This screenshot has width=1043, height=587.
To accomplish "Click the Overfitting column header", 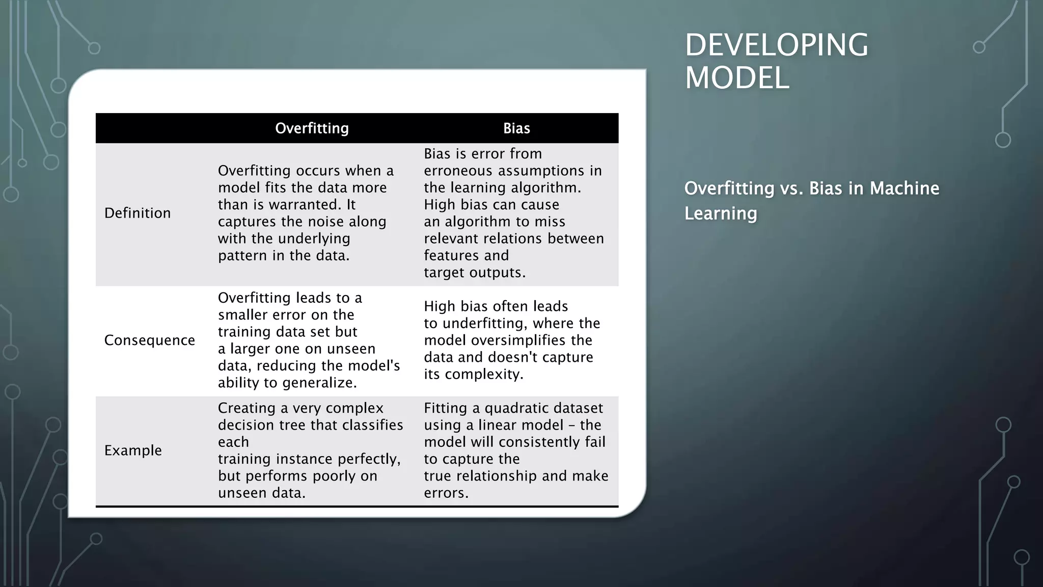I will tap(312, 128).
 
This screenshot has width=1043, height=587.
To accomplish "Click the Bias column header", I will tap(516, 128).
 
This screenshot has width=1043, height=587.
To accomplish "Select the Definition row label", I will tap(138, 213).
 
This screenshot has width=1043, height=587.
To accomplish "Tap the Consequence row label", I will tap(149, 340).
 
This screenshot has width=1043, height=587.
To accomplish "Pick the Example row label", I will tap(133, 450).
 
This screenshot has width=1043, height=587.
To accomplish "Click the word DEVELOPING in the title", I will tap(776, 45).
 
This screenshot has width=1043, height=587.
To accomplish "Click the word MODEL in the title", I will tap(736, 78).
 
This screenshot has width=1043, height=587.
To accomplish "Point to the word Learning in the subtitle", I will tap(720, 213).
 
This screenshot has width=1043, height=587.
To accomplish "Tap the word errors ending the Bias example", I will tap(446, 493).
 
